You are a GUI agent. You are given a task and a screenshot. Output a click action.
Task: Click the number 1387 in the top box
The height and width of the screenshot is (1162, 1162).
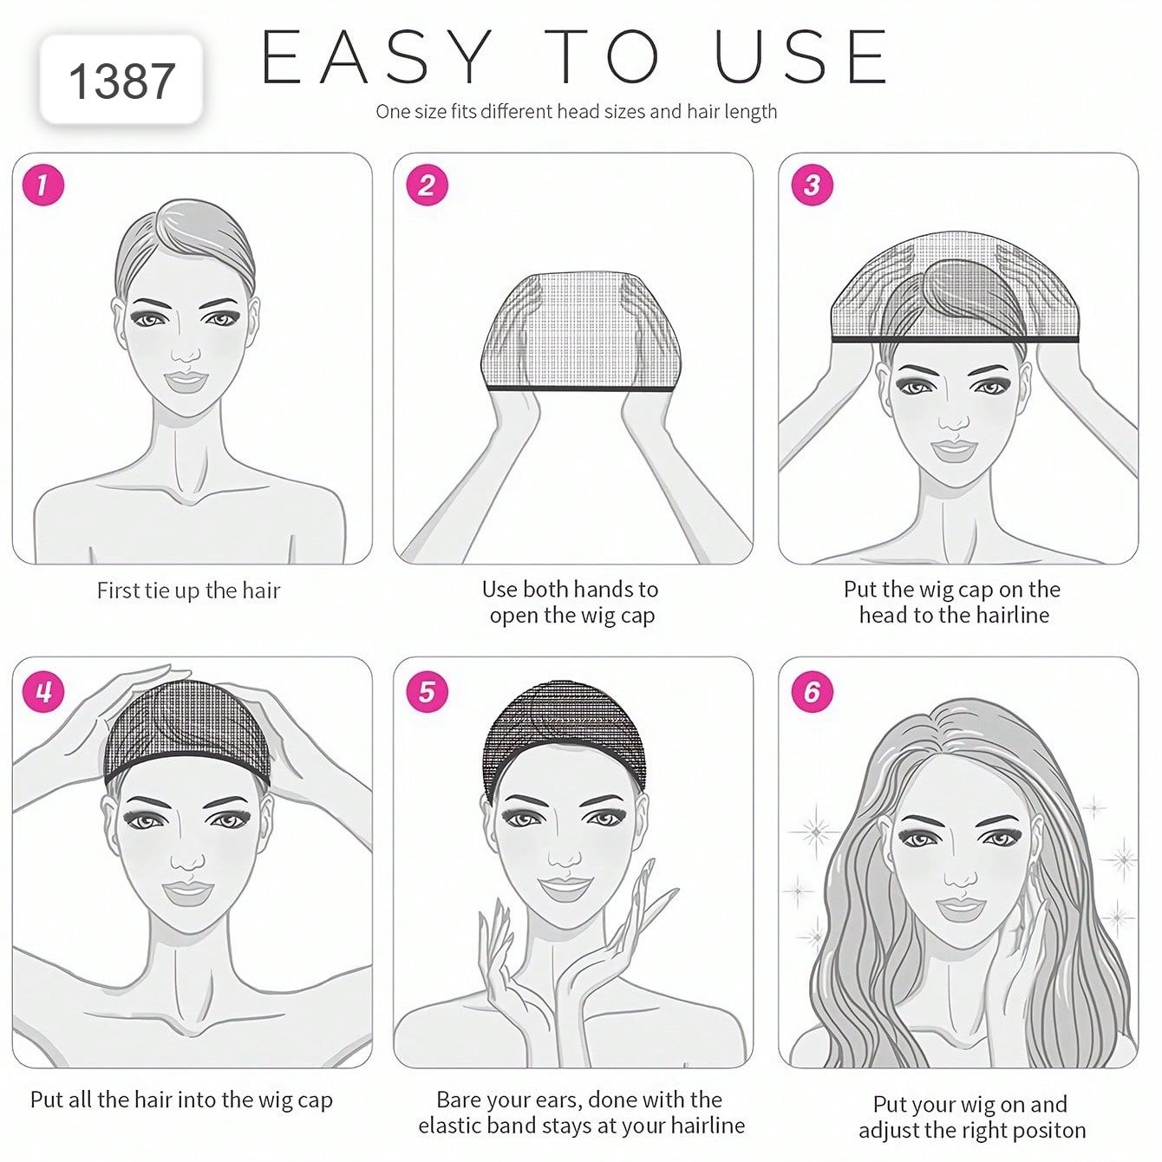click(x=121, y=82)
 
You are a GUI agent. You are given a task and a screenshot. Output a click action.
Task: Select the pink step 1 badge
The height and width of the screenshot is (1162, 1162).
click(x=42, y=185)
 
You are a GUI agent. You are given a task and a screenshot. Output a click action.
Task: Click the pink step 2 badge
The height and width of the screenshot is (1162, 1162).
click(x=427, y=185)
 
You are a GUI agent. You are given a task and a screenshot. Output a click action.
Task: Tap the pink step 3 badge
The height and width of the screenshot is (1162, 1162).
click(x=812, y=185)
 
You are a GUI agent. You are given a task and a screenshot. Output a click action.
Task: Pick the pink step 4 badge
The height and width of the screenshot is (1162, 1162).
click(x=42, y=691)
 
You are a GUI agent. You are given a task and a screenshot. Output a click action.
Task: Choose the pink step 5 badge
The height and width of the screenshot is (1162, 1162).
click(x=427, y=691)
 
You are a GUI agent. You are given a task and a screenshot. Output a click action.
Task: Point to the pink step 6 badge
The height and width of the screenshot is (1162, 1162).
click(x=812, y=691)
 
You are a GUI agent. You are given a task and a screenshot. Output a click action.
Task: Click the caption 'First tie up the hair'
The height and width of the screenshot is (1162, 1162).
click(x=189, y=591)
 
